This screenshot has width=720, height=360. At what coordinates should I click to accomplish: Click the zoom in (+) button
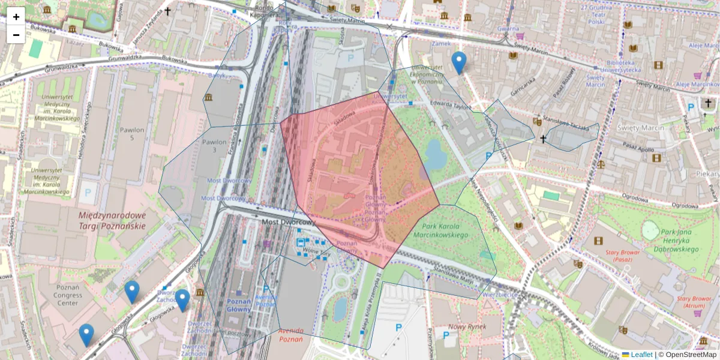pyautogui.click(x=16, y=17)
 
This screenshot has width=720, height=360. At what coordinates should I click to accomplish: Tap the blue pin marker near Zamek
pyautogui.click(x=459, y=62)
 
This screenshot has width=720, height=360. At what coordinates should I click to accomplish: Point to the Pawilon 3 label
pyautogui.click(x=215, y=146)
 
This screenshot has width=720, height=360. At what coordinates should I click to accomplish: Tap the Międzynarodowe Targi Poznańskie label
pyautogui.click(x=112, y=220)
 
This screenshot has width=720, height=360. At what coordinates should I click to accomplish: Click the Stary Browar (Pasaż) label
pyautogui.click(x=626, y=256)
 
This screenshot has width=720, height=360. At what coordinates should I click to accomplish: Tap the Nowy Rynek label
pyautogui.click(x=470, y=326)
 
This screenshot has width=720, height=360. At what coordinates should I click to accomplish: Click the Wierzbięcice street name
pyautogui.click(x=499, y=295)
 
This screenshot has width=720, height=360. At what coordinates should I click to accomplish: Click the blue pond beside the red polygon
pyautogui.click(x=435, y=155)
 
